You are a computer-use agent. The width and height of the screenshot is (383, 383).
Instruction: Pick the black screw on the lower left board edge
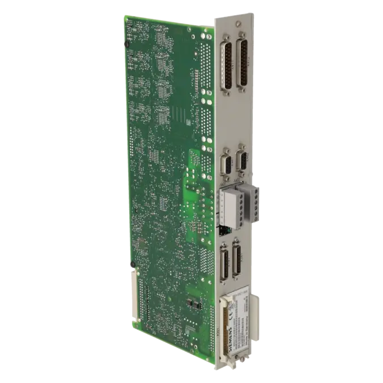[132, 264]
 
